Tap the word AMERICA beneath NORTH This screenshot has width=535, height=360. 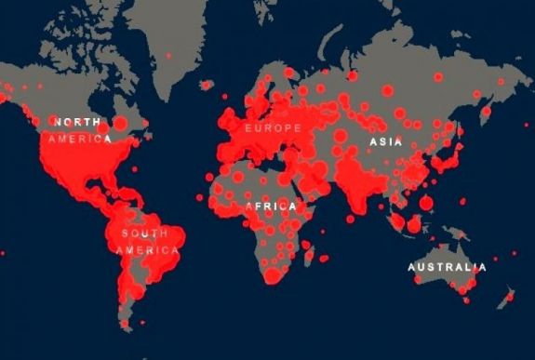(x=81, y=139)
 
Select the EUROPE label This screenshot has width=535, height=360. (x=272, y=127)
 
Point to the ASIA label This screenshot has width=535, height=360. (x=385, y=142)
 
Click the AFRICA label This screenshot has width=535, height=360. (x=271, y=206)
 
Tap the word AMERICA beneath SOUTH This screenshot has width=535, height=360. (x=147, y=249)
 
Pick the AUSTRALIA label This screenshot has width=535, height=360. (x=446, y=268)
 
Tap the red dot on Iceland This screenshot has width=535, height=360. (x=206, y=85)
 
